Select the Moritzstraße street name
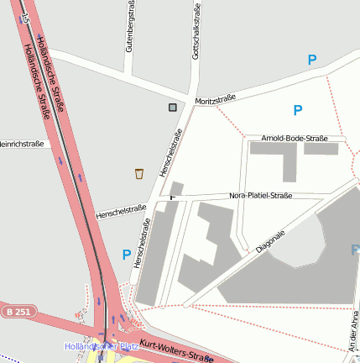[x=215, y=100]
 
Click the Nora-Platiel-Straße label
[x=260, y=196]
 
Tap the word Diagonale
[x=271, y=241]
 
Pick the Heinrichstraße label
[x=21, y=145]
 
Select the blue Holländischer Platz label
[x=101, y=346]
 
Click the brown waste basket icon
[x=139, y=173]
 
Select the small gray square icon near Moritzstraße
[x=173, y=108]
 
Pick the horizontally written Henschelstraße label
[x=122, y=209]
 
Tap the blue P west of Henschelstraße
[x=127, y=255]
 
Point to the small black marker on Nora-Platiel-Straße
[x=174, y=197]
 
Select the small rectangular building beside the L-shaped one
[x=321, y=149]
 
